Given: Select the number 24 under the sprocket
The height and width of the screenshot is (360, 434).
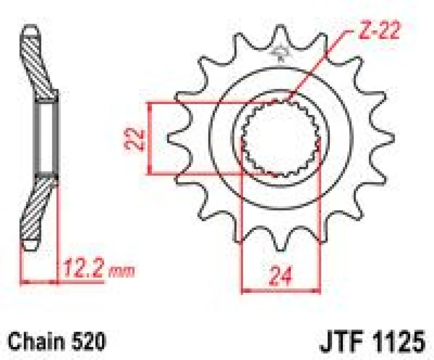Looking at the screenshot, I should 281,275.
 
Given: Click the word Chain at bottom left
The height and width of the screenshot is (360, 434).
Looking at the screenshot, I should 31,341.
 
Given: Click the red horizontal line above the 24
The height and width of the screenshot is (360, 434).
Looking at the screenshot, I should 281,290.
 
